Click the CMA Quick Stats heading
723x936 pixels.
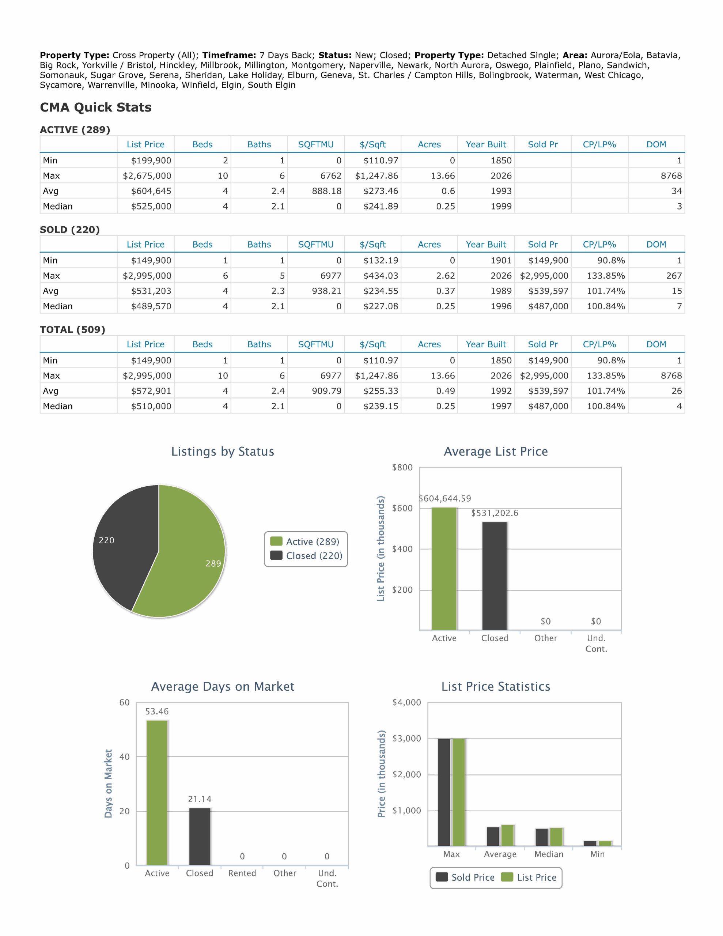pos(95,107)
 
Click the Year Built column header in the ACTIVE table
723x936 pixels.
pos(486,144)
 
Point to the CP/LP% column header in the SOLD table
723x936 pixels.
pos(599,244)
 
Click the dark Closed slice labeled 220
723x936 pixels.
pos(124,544)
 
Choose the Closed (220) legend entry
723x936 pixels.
pos(306,556)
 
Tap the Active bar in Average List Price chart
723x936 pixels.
pos(444,569)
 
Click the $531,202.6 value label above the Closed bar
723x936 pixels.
pos(495,513)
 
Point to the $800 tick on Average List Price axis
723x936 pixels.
pos(402,467)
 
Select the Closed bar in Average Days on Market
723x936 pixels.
pos(200,837)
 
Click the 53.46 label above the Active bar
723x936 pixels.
pos(157,712)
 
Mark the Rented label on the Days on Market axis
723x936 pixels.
pos(242,873)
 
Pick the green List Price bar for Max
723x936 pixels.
pos(459,792)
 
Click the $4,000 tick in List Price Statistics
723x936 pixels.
pos(407,702)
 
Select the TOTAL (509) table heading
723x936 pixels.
pos(72,329)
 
